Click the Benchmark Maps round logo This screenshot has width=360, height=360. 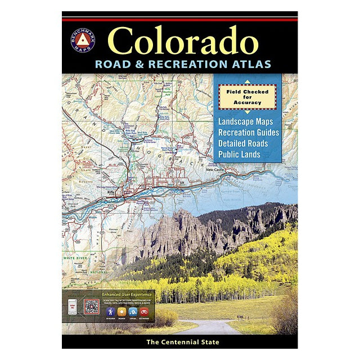[x=83, y=40]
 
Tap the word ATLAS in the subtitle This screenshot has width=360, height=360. [x=248, y=64]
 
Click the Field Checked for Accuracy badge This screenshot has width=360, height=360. [x=247, y=97]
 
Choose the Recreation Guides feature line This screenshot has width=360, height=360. [x=247, y=132]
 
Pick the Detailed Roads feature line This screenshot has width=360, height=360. [x=243, y=143]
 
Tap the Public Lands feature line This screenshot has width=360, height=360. [x=240, y=154]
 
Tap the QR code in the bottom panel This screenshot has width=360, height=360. [x=92, y=307]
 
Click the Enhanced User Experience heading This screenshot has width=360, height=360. [x=127, y=294]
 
